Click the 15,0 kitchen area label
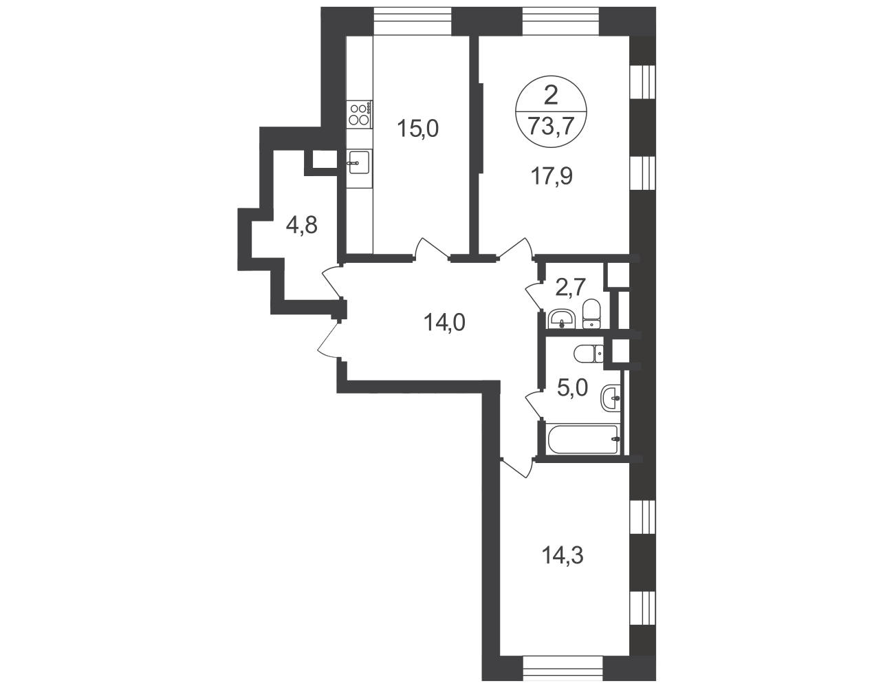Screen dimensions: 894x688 coord(418,129)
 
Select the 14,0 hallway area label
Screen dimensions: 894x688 coord(444,322)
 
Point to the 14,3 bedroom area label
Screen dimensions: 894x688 coord(563,556)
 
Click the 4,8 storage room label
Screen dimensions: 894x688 coord(302,225)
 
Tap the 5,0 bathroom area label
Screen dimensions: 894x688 coord(572,387)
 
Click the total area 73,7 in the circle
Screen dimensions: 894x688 coord(551,125)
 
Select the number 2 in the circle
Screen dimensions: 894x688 coord(551,97)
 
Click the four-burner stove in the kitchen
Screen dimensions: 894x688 coord(359,114)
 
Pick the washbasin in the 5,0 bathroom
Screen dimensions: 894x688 coord(611,398)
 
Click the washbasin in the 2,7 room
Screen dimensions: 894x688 coord(561,320)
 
